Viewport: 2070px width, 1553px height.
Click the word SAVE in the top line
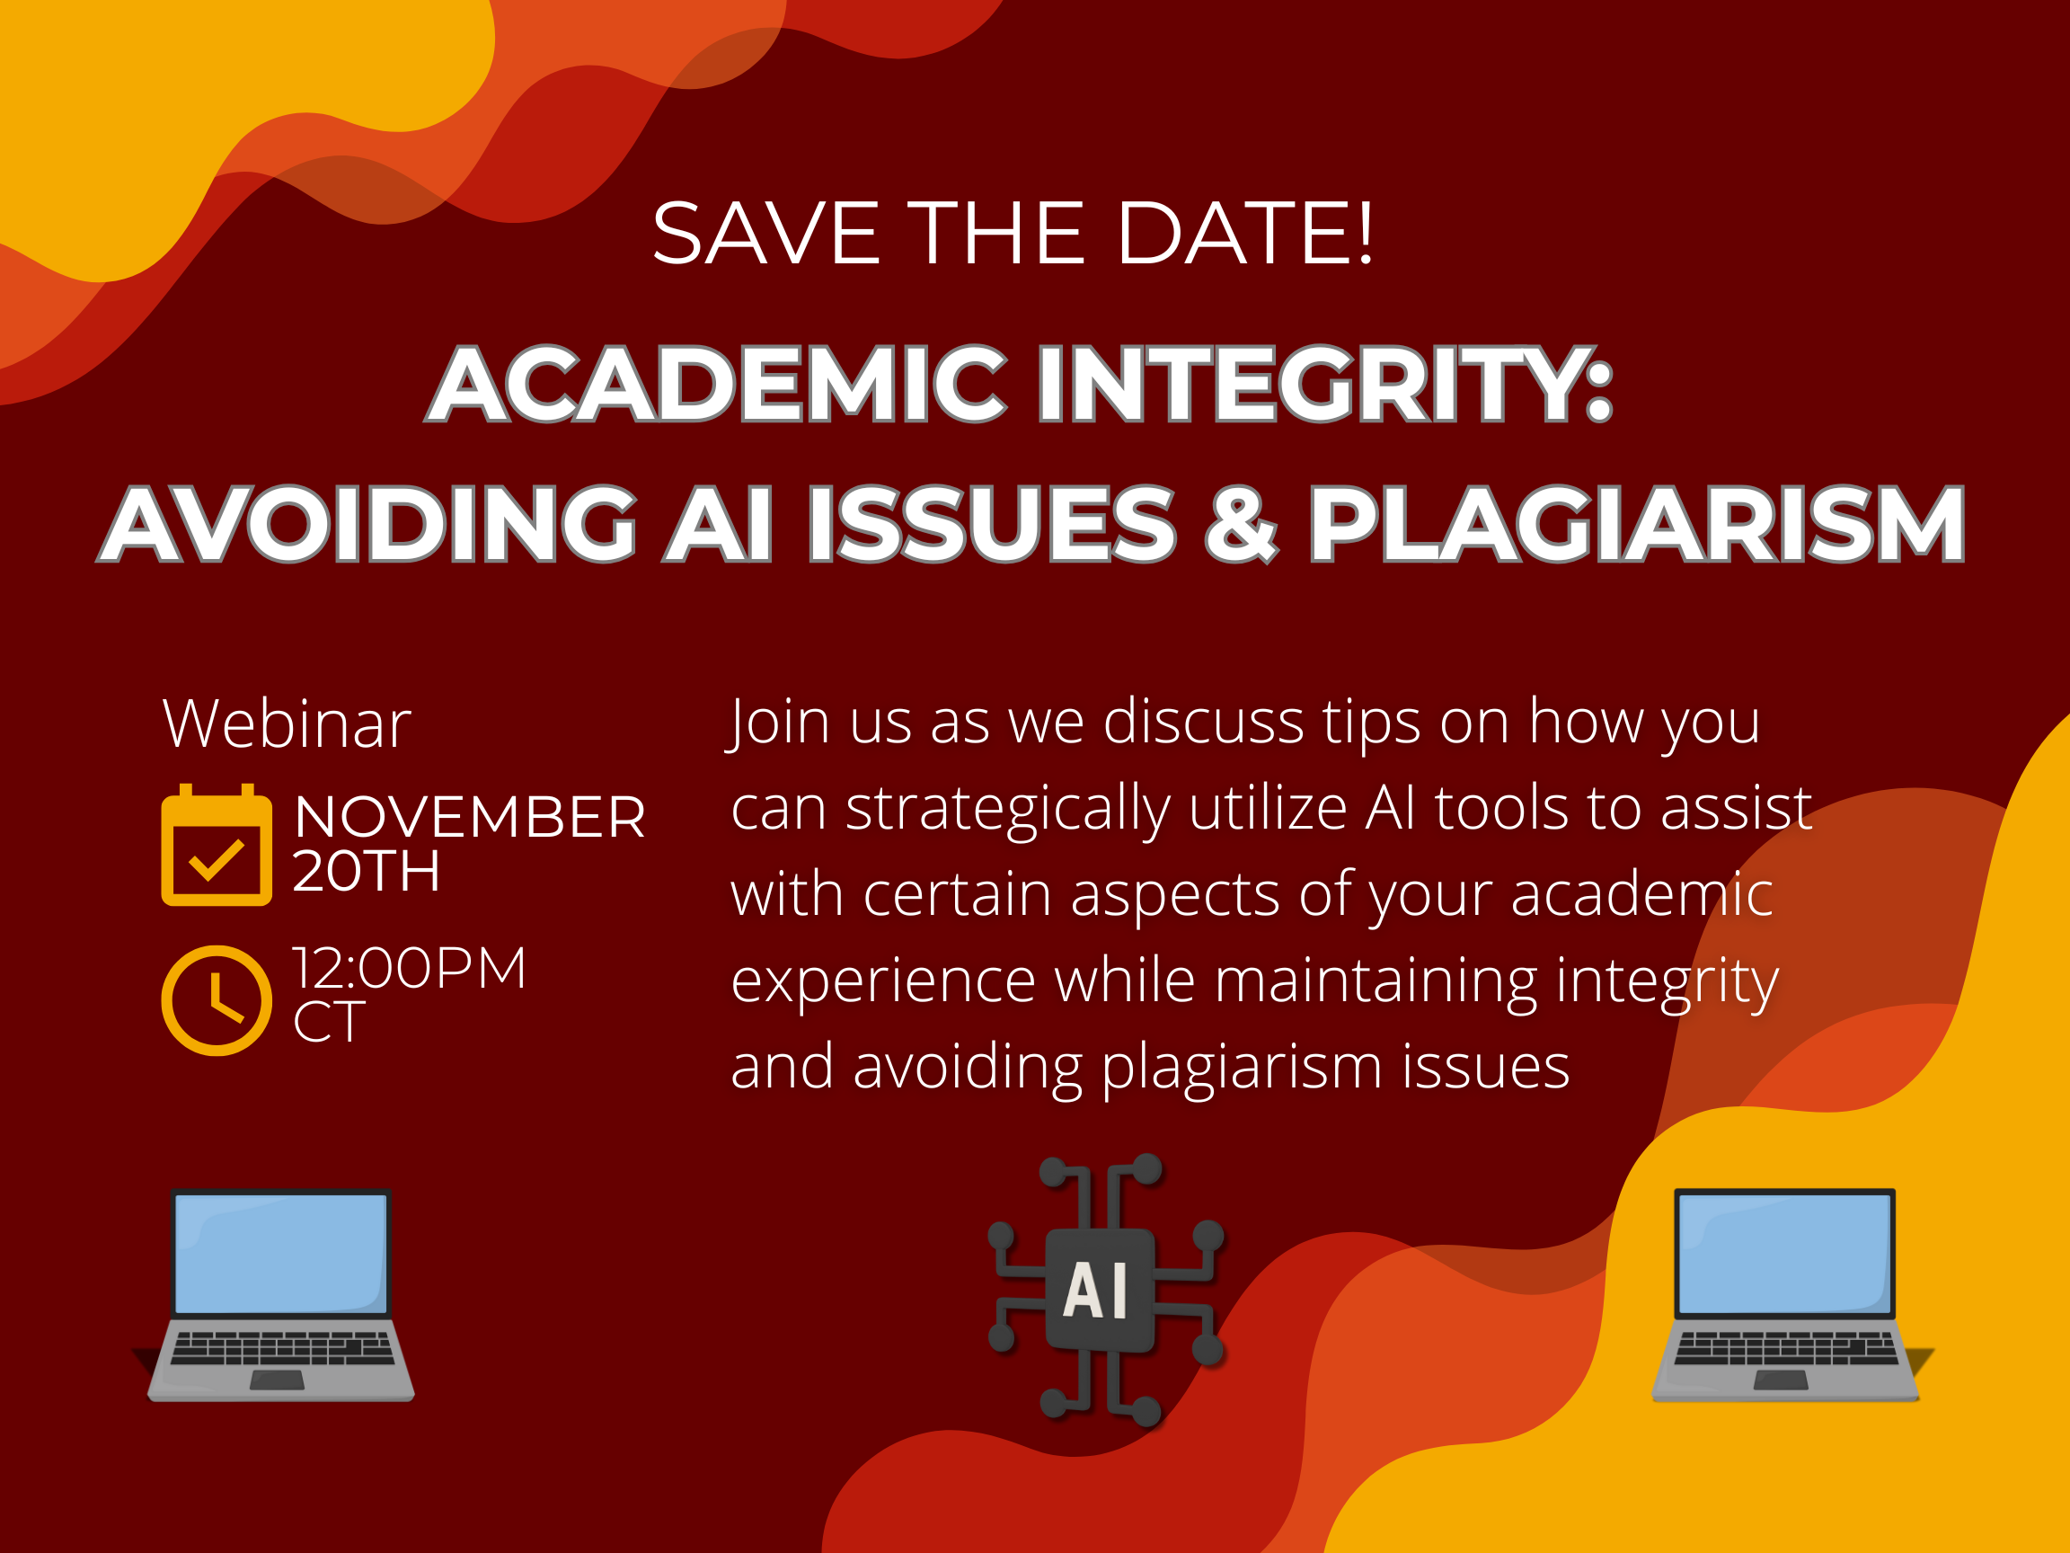pos(765,233)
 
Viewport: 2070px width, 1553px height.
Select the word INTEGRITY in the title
pos(1324,384)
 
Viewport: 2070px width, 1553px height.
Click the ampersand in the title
pos(1240,523)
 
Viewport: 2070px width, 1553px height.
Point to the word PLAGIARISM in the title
pos(1636,523)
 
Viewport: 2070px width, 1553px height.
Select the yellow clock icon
pos(217,1000)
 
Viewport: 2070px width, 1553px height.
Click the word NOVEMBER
pos(470,817)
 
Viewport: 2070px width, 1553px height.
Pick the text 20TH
pos(366,872)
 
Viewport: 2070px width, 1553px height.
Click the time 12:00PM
pos(410,968)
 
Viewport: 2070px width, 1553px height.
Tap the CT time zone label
pos(329,1022)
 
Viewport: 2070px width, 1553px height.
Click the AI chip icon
pos(1104,1290)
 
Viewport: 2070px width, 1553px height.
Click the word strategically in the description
pos(1008,809)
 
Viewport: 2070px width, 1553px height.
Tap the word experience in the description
pos(882,981)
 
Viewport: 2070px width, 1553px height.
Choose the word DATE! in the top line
pos(1244,233)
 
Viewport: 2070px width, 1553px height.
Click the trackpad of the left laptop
pos(278,1380)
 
